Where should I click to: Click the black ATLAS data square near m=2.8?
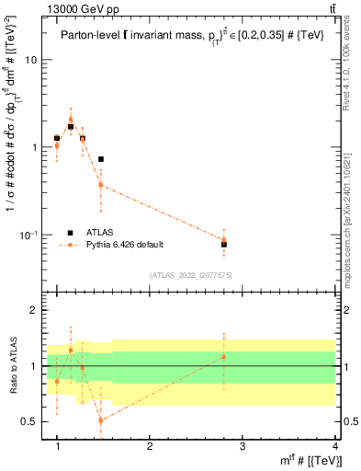(224, 245)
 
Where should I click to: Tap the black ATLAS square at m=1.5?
(100, 159)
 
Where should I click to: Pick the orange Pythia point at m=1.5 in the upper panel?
(100, 185)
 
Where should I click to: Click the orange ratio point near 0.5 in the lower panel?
(100, 420)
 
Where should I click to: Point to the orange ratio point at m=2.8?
(224, 356)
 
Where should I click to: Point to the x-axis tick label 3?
(243, 446)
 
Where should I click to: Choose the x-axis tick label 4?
(335, 446)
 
